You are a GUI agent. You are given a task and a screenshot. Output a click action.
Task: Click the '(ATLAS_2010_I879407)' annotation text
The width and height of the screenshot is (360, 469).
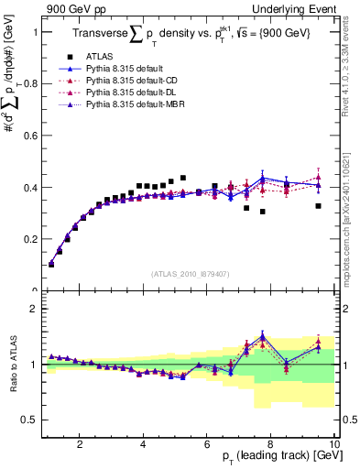[x=190, y=273]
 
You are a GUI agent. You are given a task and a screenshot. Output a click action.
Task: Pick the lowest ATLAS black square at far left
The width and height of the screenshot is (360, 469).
[x=51, y=264]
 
